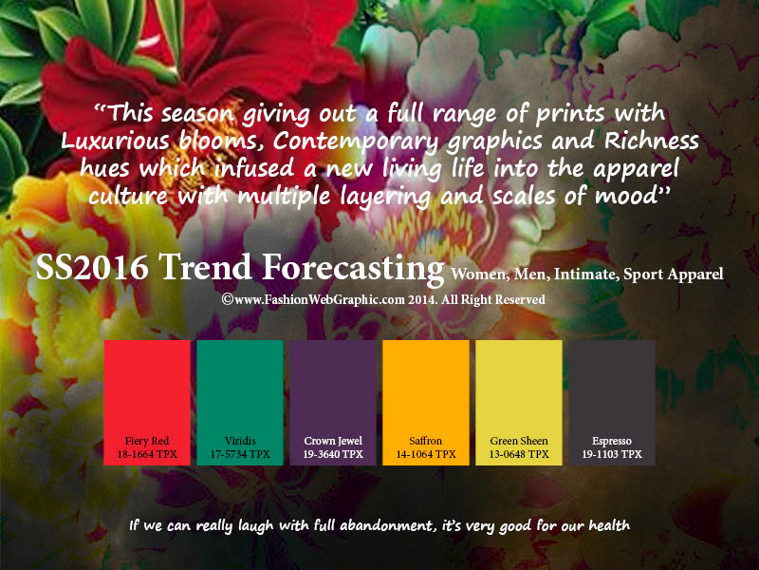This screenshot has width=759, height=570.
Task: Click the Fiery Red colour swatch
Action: [x=147, y=403]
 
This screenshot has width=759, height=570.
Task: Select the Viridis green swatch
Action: [x=240, y=403]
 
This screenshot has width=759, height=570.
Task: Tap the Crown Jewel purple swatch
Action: [x=333, y=403]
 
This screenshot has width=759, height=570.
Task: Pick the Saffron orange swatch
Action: [x=426, y=403]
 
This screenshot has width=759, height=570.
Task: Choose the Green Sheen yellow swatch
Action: [x=519, y=403]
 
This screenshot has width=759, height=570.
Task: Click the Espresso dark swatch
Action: [x=612, y=403]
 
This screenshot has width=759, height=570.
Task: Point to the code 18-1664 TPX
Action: [x=147, y=454]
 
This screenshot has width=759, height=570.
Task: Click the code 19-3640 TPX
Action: [x=333, y=454]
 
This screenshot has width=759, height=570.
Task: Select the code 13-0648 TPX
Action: [x=519, y=454]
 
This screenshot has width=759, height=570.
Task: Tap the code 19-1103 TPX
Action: [x=612, y=454]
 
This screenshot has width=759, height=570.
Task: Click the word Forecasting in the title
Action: [x=353, y=268]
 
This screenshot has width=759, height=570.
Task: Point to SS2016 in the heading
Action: [x=92, y=267]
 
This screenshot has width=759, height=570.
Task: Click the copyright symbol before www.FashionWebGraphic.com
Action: [x=228, y=299]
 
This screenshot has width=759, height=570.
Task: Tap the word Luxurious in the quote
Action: [x=115, y=141]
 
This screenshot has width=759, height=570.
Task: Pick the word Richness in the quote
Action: [x=652, y=141]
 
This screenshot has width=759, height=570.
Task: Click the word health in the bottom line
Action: [x=609, y=525]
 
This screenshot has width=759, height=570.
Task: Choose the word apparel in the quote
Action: [x=636, y=170]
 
